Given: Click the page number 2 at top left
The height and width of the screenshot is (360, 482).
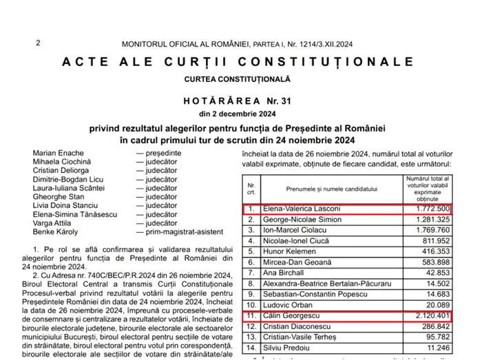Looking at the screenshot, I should (x=38, y=43).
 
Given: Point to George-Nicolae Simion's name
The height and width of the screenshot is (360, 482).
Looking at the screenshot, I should (x=299, y=220).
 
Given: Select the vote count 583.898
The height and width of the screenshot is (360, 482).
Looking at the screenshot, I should (x=432, y=263).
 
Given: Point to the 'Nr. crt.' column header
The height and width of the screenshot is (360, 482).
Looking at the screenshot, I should (x=251, y=188).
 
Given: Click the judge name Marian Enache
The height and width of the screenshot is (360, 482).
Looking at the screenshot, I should (x=58, y=153).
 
